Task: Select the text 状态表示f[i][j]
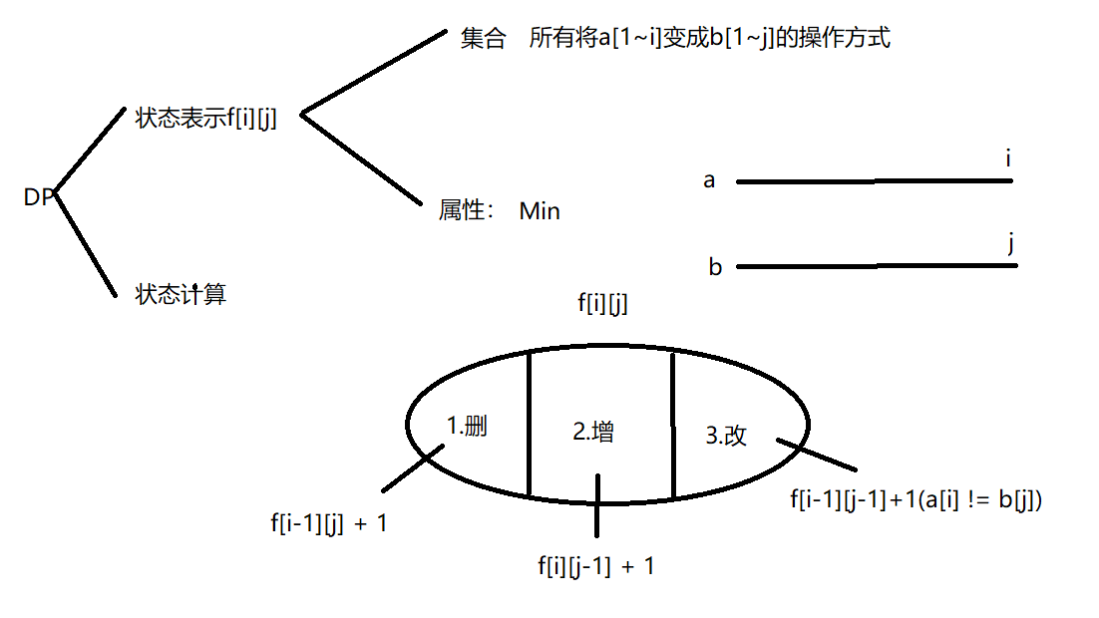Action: click(205, 119)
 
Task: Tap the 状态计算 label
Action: click(181, 294)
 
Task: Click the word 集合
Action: click(484, 39)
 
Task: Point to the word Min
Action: click(540, 211)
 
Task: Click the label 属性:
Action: click(467, 211)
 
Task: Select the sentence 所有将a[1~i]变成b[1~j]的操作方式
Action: click(709, 39)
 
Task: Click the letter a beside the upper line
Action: click(709, 180)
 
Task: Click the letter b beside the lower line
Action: click(715, 267)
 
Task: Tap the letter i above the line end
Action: click(1009, 158)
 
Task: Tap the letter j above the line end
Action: click(1012, 243)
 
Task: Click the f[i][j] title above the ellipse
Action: click(602, 305)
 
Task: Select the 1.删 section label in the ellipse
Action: click(466, 427)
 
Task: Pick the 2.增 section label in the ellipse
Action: click(592, 432)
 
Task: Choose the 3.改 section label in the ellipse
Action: click(726, 436)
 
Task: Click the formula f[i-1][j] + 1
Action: click(328, 522)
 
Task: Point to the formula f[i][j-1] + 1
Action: click(596, 566)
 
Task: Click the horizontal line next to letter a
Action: click(874, 181)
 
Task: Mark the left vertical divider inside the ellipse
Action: click(528, 424)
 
